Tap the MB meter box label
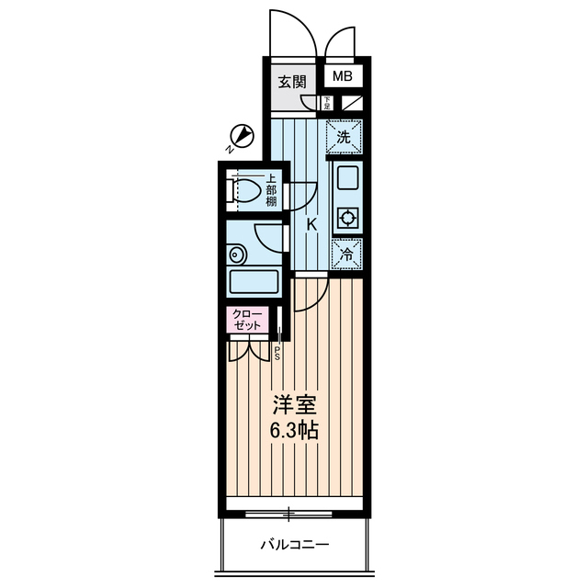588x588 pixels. pyautogui.click(x=342, y=78)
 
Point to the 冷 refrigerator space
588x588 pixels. pyautogui.click(x=346, y=254)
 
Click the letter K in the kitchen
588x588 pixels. pyautogui.click(x=311, y=224)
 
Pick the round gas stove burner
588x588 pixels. pyautogui.click(x=348, y=219)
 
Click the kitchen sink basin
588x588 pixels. pyautogui.click(x=347, y=178)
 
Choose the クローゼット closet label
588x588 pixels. pyautogui.click(x=248, y=321)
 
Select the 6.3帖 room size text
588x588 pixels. pyautogui.click(x=294, y=430)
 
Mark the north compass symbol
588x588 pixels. pyautogui.click(x=241, y=137)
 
